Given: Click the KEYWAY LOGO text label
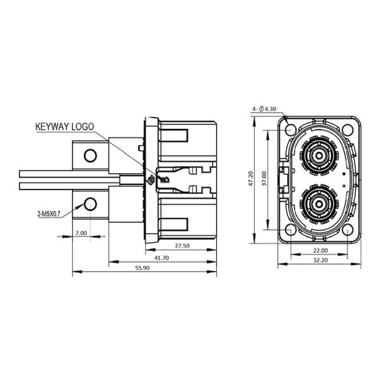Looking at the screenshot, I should (64, 126).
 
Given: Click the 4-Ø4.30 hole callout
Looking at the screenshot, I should (264, 109).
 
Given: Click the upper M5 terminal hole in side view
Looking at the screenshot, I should (90, 155).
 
